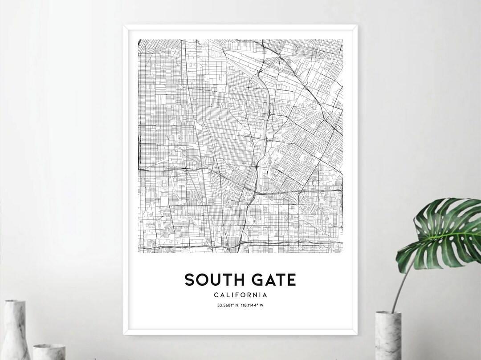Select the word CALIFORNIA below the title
pyautogui.click(x=240, y=295)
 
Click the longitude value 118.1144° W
pyautogui.click(x=253, y=305)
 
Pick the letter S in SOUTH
pyautogui.click(x=190, y=280)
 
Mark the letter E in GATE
pyautogui.click(x=291, y=280)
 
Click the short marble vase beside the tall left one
pyautogui.click(x=49, y=352)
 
